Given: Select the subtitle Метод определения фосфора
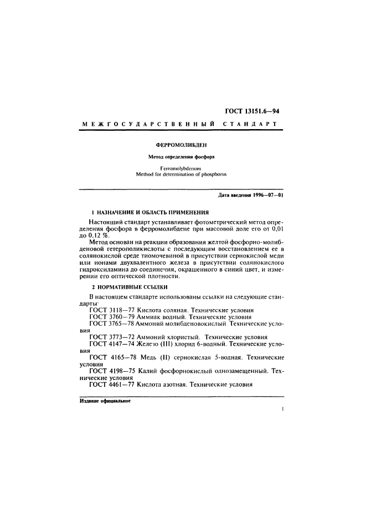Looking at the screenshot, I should [x=182, y=157].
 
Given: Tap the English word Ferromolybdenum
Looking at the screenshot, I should [x=182, y=167].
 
